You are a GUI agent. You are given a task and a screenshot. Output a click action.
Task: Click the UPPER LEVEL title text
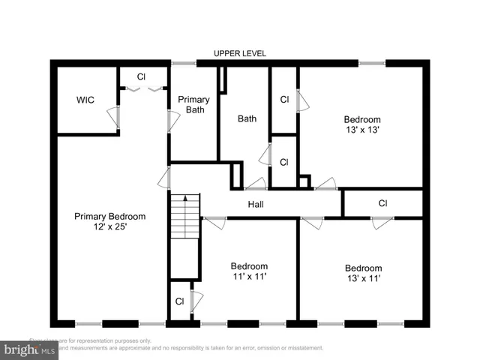tap(239, 53)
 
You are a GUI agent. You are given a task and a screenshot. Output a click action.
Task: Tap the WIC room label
tap(85, 100)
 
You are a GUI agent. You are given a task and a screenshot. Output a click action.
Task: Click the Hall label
tap(256, 204)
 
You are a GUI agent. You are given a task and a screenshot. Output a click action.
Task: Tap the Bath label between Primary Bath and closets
tap(247, 118)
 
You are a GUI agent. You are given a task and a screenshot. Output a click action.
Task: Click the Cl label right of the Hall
tap(382, 203)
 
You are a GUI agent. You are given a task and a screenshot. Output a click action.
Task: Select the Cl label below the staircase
tap(180, 301)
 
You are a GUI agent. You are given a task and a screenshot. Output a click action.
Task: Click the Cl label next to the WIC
tap(141, 76)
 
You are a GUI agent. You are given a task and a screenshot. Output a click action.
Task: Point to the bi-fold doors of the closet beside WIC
tap(143, 90)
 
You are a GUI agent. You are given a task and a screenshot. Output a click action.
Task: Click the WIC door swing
tap(112, 117)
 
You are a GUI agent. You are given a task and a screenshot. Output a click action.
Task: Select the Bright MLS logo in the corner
tap(30, 349)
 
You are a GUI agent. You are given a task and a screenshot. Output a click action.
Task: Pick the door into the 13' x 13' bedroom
tap(325, 184)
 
